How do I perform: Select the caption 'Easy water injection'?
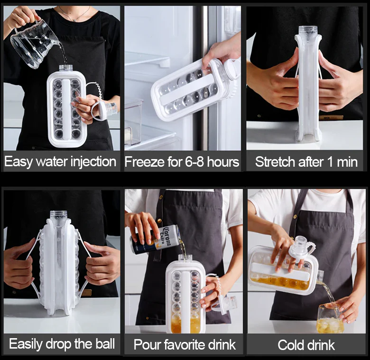coord(60,161)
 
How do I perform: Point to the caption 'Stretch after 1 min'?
coord(306,161)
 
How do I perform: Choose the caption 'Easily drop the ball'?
coord(62,343)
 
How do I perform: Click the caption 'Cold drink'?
coord(306,345)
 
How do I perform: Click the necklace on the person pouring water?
coord(71,17)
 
